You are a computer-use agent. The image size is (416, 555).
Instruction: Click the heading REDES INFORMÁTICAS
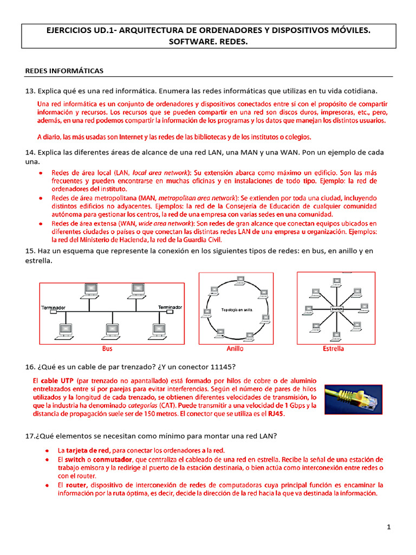[x=64, y=71]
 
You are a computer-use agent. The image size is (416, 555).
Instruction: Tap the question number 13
[x=30, y=90]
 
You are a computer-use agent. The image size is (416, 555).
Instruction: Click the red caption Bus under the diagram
[x=107, y=349]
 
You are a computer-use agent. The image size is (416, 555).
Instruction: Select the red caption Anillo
[x=235, y=349]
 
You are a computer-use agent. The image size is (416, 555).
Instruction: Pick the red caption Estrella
[x=333, y=349]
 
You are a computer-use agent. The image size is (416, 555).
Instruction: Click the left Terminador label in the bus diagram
[x=54, y=308]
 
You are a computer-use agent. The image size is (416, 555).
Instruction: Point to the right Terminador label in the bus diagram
[x=170, y=307]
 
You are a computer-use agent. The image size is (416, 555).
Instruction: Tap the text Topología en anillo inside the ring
[x=237, y=309]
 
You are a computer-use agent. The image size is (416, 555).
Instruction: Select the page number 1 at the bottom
[x=389, y=527]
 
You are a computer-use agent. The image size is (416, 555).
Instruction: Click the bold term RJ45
[x=275, y=414]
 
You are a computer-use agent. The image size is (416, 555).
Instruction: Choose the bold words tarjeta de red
[x=88, y=450]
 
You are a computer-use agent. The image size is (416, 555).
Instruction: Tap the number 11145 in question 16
[x=224, y=367]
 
